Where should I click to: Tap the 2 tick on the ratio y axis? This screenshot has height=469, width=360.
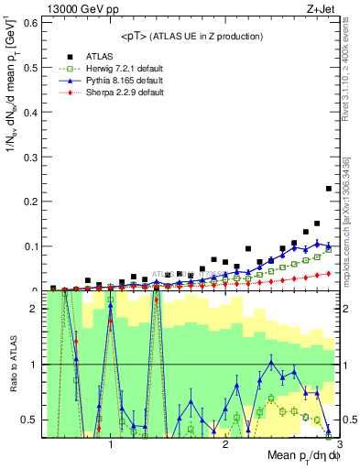(x=34, y=309)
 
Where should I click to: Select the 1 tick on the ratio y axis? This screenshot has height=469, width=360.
(x=34, y=365)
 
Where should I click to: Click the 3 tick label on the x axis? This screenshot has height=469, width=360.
(x=339, y=444)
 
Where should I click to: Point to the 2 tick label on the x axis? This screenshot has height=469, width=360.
(x=225, y=444)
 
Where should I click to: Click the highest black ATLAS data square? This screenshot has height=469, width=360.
(x=329, y=189)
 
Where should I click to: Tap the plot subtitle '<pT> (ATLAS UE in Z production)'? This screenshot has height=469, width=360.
(x=191, y=37)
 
